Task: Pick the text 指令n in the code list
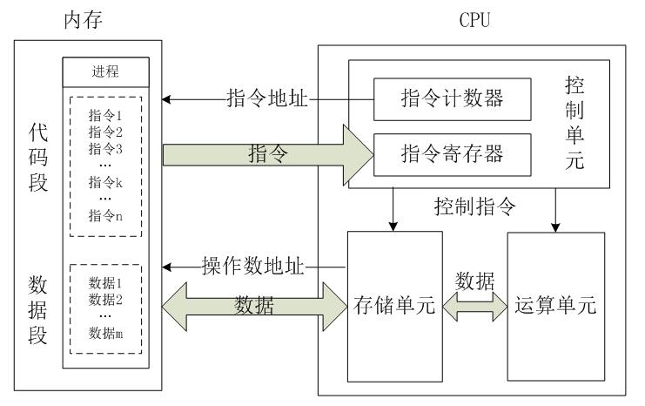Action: coord(105,215)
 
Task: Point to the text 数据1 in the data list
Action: coord(105,283)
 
